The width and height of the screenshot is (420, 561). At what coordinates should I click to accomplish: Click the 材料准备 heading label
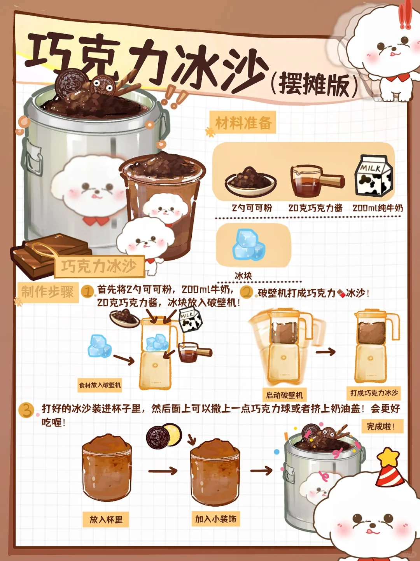click(x=243, y=122)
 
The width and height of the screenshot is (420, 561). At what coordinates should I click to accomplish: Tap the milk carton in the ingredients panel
click(x=373, y=175)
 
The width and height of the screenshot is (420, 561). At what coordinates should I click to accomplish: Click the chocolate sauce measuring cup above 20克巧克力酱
click(x=317, y=181)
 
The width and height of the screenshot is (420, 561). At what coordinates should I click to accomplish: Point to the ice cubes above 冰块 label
click(x=248, y=245)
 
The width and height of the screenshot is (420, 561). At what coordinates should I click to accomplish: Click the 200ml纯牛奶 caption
click(x=378, y=208)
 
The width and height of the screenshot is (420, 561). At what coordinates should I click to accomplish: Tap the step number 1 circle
click(x=87, y=292)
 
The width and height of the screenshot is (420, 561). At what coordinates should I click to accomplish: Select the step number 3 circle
click(x=26, y=411)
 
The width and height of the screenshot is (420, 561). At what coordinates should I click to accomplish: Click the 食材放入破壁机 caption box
click(x=100, y=385)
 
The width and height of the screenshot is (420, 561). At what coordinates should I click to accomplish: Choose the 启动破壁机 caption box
click(x=284, y=395)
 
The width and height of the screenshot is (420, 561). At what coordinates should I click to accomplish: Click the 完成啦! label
click(x=382, y=426)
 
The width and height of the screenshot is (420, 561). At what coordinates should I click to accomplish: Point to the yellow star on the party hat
click(x=388, y=457)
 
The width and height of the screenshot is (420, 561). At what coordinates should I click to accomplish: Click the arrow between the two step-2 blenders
click(x=325, y=352)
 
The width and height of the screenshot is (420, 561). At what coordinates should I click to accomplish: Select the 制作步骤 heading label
click(x=47, y=292)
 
